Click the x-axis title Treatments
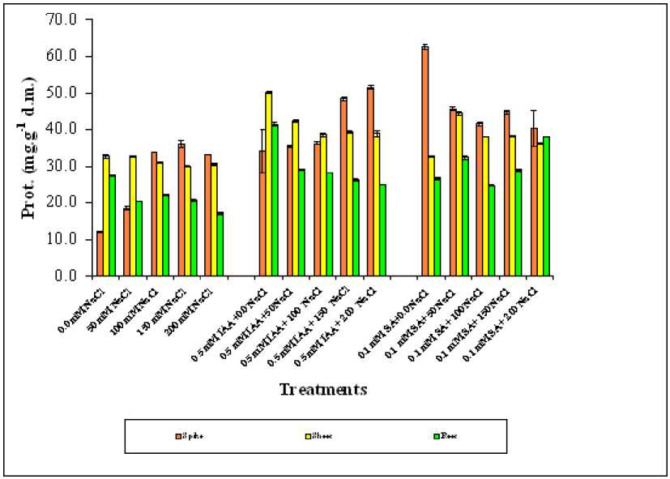322,390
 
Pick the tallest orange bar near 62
425,162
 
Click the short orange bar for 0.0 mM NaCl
100,254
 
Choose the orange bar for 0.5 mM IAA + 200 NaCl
370,182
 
